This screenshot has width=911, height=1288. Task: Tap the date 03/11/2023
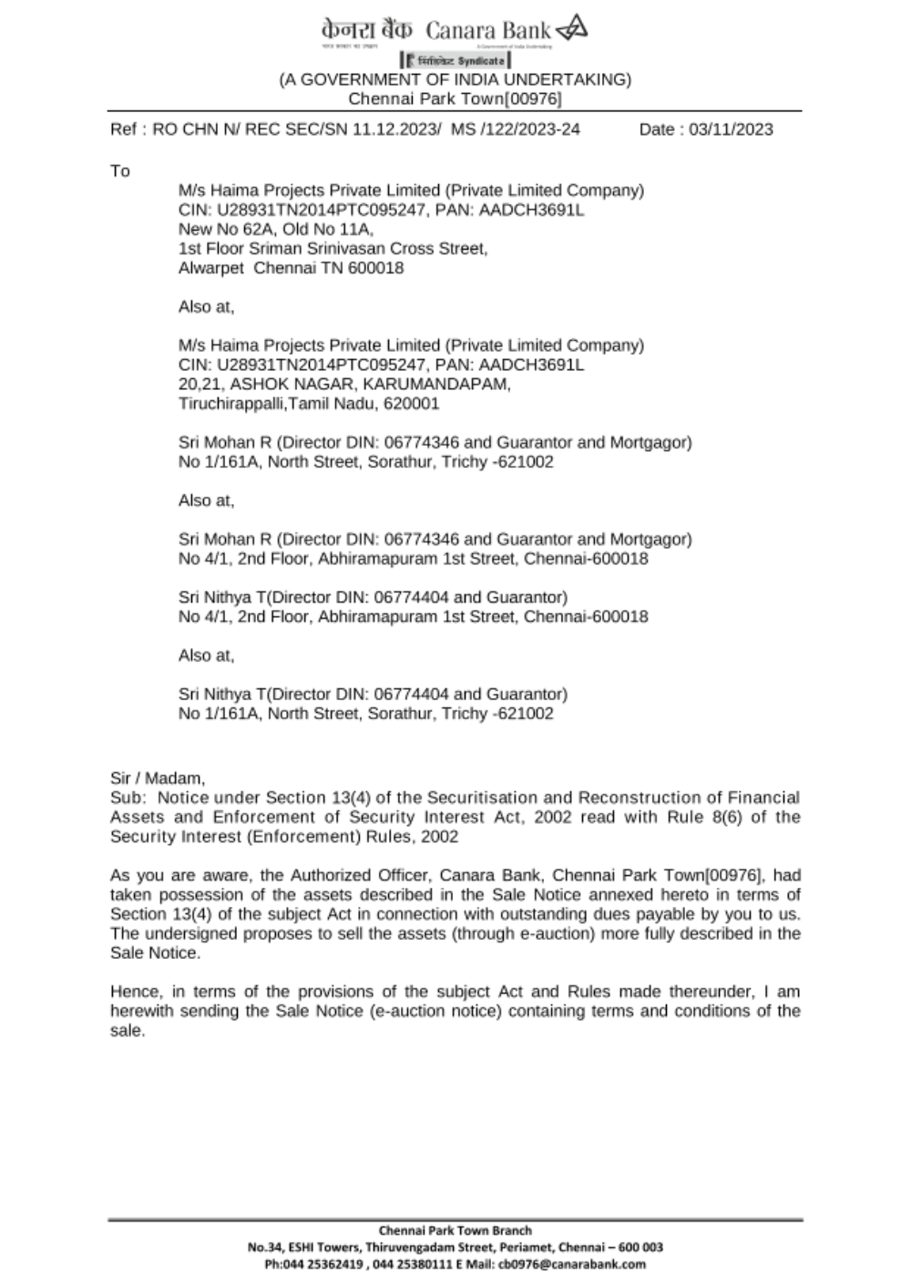[731, 129]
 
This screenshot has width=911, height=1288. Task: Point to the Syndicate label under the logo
[480, 60]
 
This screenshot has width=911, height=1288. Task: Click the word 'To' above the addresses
[120, 171]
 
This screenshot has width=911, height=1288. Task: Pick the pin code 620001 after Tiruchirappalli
[412, 403]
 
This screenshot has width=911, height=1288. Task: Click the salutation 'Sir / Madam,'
[158, 778]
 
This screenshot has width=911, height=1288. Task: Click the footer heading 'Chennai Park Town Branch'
[455, 1231]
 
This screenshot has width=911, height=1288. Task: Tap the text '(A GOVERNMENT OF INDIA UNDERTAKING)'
[455, 79]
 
